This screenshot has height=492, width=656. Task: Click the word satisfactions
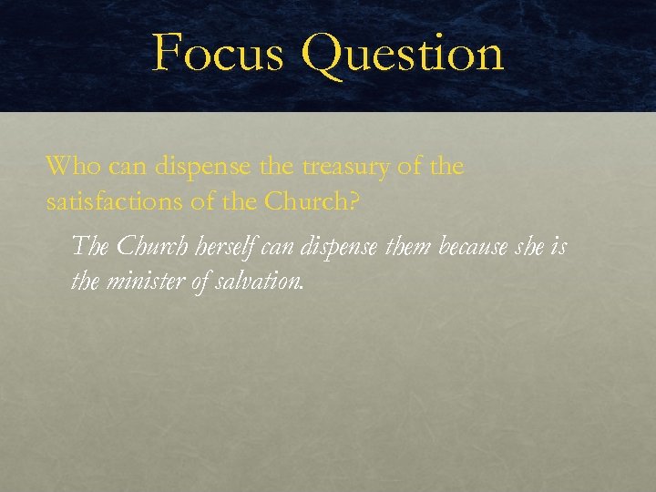point(113,202)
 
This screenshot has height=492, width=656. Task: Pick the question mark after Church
point(354,202)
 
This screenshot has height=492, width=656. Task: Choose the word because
point(479,247)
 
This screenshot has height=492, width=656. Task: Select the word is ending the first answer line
point(559,247)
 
